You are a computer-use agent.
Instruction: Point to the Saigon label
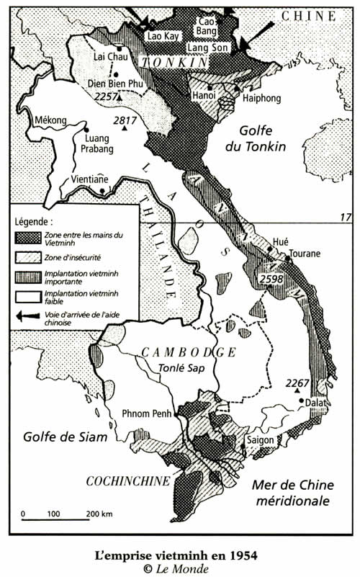click(x=260, y=439)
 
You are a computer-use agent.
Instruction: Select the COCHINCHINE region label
click(x=128, y=481)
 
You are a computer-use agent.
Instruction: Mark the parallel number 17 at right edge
click(x=344, y=217)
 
